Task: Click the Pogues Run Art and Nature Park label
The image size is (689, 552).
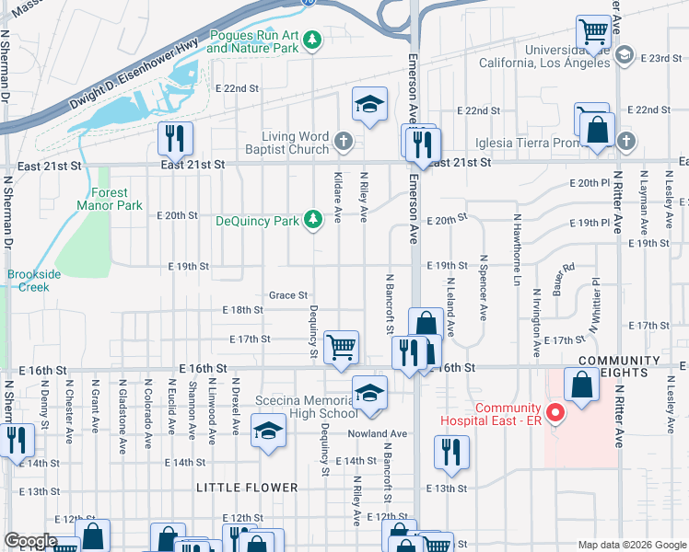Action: pos(255,40)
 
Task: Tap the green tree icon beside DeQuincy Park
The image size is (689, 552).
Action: pos(314,220)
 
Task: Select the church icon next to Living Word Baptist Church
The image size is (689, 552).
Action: pos(344,142)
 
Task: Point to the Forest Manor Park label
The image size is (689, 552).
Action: pos(116,199)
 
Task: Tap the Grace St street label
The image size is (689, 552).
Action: pos(287,295)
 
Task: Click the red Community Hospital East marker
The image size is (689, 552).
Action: pos(555,412)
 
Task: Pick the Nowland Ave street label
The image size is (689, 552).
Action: pos(377,433)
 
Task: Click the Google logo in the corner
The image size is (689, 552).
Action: pos(29,541)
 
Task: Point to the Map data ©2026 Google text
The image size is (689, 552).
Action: pos(632,544)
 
